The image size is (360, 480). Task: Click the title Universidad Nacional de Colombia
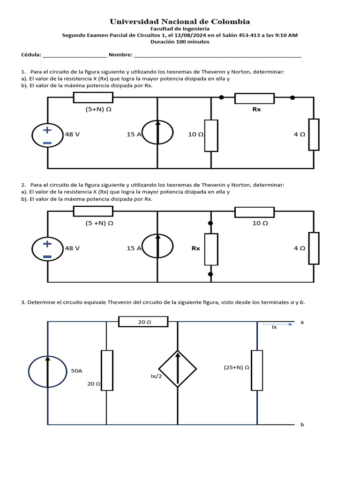(x=180, y=22)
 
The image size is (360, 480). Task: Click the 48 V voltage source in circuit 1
(x=47, y=135)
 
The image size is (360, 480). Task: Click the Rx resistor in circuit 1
(x=255, y=98)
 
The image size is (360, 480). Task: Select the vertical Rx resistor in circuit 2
(x=211, y=249)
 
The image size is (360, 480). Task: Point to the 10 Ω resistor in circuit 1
(x=211, y=135)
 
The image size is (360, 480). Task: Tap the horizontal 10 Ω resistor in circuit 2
(x=255, y=212)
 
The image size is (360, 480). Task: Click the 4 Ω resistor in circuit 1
(x=314, y=135)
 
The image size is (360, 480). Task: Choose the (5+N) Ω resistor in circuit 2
(x=93, y=211)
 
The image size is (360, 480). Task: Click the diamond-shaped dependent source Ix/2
(x=178, y=369)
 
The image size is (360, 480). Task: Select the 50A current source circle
(x=47, y=370)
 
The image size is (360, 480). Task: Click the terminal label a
(x=302, y=322)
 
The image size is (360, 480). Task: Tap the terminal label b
(x=302, y=425)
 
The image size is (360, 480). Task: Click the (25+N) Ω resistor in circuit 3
(x=257, y=370)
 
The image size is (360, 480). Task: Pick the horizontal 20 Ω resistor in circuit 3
(x=143, y=322)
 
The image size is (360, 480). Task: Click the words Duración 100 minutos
(x=180, y=42)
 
